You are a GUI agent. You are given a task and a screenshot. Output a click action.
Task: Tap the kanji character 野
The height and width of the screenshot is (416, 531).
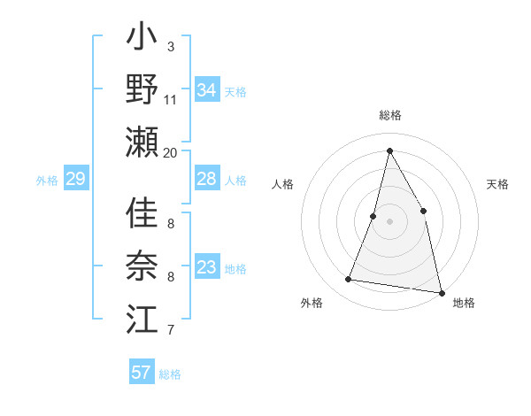[x=142, y=89]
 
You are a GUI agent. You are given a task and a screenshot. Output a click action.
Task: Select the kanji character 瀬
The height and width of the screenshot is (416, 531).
[x=142, y=142]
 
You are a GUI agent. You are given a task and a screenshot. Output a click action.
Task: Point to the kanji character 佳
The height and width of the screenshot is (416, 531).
[x=142, y=213]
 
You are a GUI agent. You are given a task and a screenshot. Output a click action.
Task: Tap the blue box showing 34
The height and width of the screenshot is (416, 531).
[x=206, y=90]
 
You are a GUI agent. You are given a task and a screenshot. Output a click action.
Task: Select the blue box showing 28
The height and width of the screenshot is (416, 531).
[x=206, y=179]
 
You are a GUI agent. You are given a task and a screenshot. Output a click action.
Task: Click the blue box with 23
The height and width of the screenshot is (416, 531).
[x=206, y=267]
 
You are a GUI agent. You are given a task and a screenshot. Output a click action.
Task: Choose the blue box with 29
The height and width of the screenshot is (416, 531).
[x=75, y=180]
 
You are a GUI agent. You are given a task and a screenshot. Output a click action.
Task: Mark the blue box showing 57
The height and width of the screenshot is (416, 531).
[x=141, y=373]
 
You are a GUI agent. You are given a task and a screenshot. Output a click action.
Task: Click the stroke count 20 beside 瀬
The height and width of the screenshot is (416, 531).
[x=171, y=153]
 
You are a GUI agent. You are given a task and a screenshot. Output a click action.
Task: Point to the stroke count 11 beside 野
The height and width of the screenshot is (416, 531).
[x=171, y=100]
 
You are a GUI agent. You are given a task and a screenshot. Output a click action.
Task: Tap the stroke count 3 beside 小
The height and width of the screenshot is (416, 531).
[x=171, y=46]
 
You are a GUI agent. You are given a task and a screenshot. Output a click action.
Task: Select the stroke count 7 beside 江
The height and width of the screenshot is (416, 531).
[x=171, y=331]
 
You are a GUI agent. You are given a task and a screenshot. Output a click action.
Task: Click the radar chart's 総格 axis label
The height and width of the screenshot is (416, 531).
[x=389, y=115]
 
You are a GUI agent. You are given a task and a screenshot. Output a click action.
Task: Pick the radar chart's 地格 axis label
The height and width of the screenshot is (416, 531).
[x=464, y=303]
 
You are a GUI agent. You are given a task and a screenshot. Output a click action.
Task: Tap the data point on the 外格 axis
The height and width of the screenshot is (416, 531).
[x=349, y=280]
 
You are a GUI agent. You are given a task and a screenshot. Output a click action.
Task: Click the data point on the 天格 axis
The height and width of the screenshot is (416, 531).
[x=423, y=211]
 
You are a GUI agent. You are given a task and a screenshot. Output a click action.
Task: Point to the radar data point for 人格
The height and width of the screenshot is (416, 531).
[x=373, y=216]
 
